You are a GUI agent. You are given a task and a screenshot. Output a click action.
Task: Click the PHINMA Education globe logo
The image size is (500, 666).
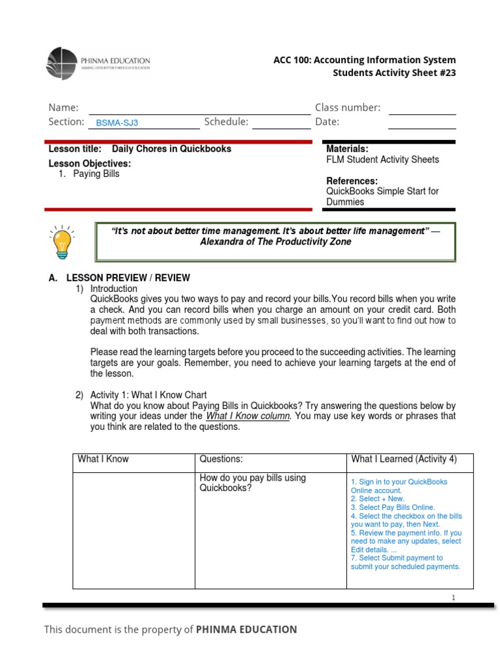tap(62, 64)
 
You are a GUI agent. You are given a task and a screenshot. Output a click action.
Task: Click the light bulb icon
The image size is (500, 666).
tap(61, 242)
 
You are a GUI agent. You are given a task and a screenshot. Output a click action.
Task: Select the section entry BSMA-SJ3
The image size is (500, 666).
tap(117, 122)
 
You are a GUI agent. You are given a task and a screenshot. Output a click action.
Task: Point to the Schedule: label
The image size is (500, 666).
tap(226, 122)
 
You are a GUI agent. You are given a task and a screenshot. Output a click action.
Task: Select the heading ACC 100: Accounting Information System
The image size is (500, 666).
tap(365, 60)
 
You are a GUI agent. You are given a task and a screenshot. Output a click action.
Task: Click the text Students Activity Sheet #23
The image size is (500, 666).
tap(394, 73)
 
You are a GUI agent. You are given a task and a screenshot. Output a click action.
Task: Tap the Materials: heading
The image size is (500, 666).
tap(347, 149)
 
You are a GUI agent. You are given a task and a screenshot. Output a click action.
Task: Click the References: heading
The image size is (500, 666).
tap(352, 181)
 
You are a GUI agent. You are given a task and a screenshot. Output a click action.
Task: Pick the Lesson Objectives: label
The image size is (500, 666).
tap(90, 163)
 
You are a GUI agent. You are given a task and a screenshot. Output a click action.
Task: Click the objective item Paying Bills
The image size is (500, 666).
tap(96, 174)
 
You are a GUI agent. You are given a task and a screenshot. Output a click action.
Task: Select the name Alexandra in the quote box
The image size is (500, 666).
tap(221, 242)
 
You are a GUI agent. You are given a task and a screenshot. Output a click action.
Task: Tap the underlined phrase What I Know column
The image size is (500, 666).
tap(247, 416)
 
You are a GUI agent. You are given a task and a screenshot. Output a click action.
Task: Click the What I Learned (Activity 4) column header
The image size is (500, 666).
tap(404, 459)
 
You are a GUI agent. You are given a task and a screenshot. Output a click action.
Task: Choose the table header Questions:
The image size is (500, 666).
tap(221, 459)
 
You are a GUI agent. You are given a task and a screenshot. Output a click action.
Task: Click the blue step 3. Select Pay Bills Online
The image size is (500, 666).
tap(393, 507)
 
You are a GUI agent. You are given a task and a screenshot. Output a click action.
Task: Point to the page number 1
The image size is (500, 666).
tap(452, 597)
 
